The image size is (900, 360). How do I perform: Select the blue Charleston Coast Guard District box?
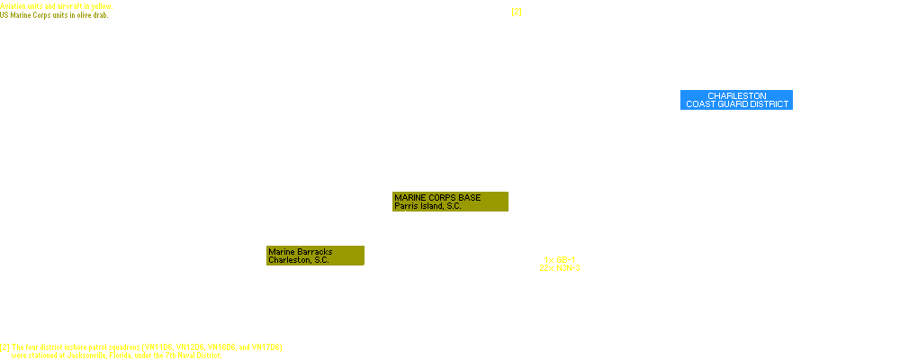pos(736,100)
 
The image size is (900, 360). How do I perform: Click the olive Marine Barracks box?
pos(315,256)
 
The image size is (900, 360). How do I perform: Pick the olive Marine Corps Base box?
pos(450,202)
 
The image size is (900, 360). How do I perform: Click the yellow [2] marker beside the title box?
pos(517,12)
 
